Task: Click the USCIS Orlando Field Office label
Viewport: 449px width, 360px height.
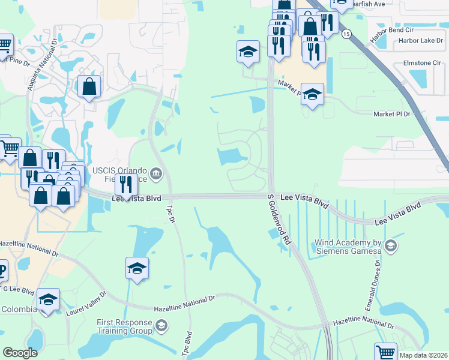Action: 120,175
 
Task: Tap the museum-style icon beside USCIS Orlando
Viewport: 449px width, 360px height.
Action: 156,175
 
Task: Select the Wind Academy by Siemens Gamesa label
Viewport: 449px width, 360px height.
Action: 348,247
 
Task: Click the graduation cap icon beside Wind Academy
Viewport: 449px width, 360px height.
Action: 391,245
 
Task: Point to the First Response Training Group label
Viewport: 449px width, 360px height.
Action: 125,326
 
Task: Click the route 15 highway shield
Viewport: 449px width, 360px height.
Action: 346,35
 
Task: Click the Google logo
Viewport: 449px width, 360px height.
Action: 20,353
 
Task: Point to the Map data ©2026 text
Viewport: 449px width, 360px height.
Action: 423,355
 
